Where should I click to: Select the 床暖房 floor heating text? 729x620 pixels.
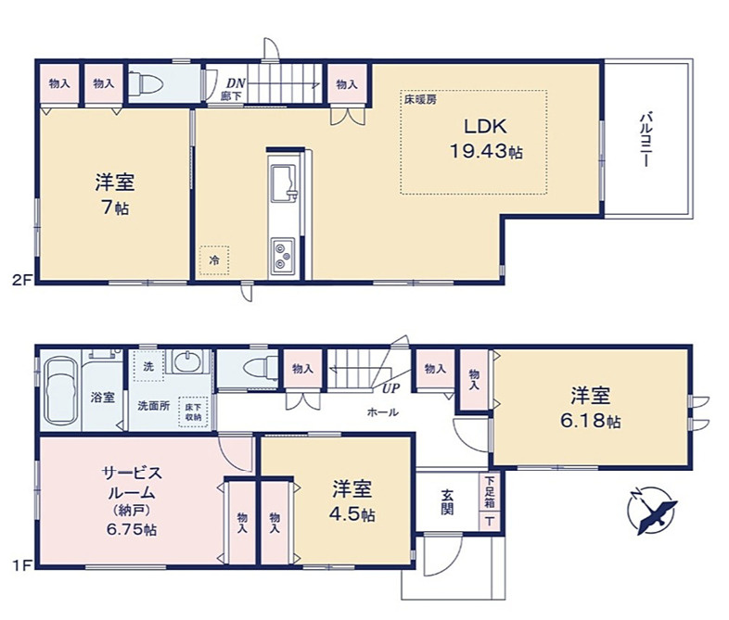pos(418,98)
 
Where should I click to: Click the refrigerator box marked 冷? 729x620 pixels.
pos(213,260)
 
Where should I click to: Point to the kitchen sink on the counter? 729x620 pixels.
pos(282,178)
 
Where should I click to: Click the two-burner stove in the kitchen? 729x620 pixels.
pos(282,253)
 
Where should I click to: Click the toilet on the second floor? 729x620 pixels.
pos(149,85)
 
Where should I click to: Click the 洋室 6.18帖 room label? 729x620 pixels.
pos(591,408)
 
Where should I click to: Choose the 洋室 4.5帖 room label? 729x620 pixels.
pos(353,500)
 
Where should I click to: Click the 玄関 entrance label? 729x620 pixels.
pos(447,502)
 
